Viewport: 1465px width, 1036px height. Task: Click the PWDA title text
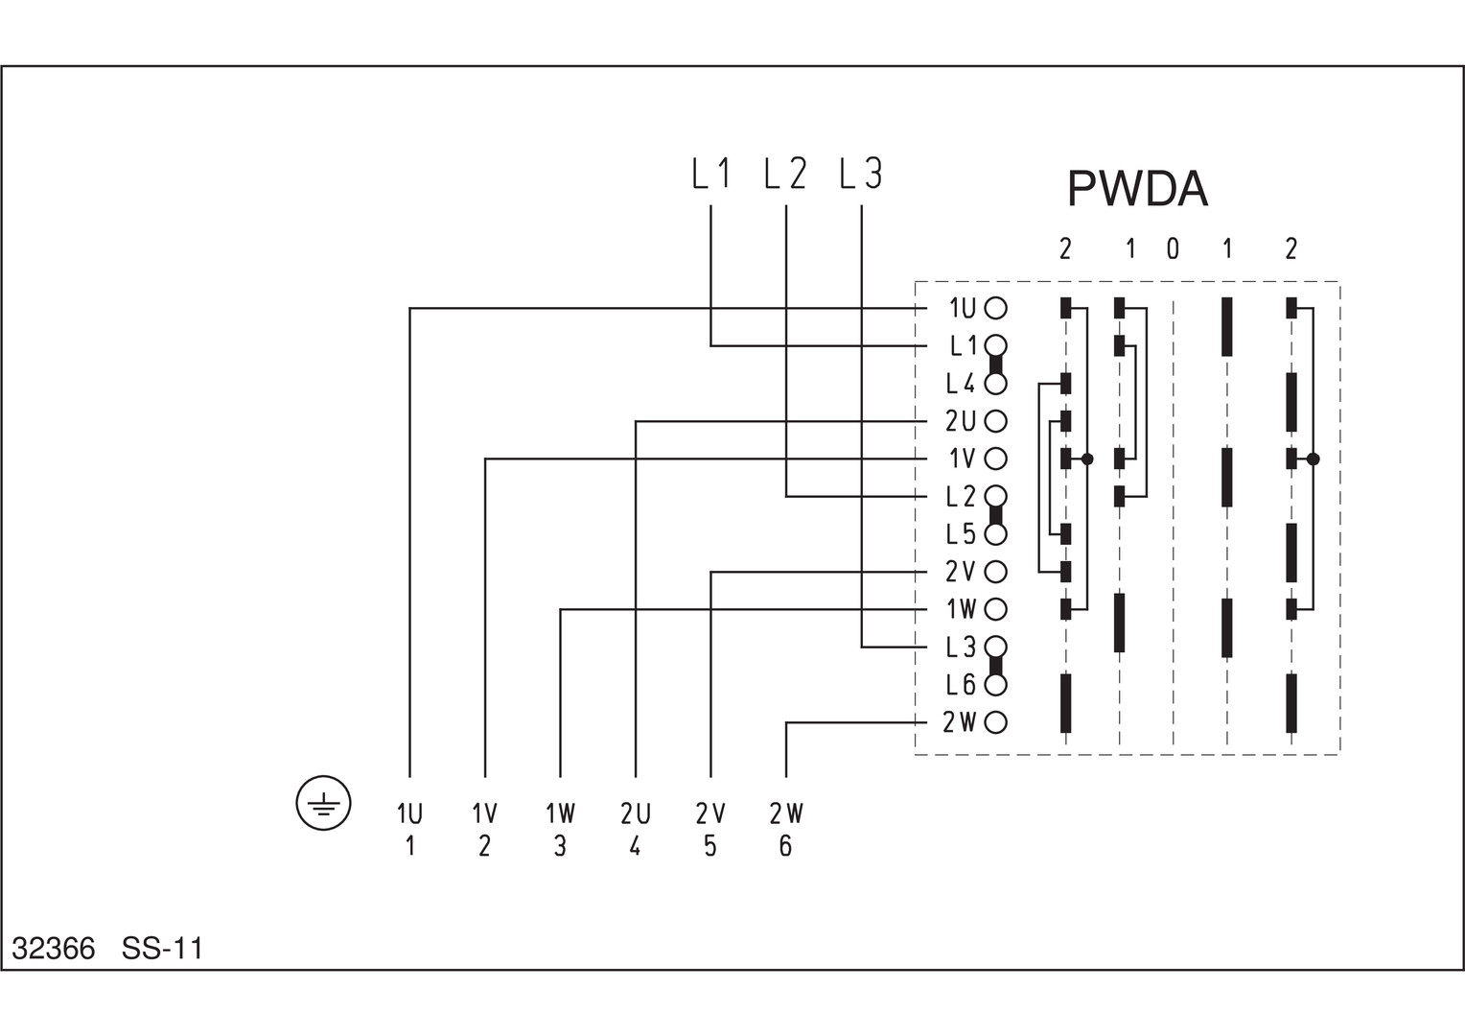click(x=1137, y=189)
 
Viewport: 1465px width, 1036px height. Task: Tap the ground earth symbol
click(x=324, y=803)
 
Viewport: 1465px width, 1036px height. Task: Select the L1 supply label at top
click(x=711, y=174)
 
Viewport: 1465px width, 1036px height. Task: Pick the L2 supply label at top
click(x=785, y=174)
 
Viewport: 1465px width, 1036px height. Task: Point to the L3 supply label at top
click(x=860, y=174)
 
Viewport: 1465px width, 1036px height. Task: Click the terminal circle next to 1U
click(x=996, y=308)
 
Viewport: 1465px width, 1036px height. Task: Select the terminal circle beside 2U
click(x=996, y=421)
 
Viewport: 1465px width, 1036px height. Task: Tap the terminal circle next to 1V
click(x=996, y=459)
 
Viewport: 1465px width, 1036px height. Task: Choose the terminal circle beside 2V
click(x=996, y=572)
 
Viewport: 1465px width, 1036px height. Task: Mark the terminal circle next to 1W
click(x=996, y=609)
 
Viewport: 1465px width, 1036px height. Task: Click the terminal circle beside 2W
click(x=996, y=722)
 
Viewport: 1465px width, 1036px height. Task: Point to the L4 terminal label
click(x=960, y=384)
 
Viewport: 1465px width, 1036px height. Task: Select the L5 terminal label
click(x=960, y=534)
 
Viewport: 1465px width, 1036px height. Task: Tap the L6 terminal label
click(x=960, y=685)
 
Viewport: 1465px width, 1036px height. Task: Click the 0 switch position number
click(x=1173, y=249)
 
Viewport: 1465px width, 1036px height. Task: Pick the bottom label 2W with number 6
click(x=786, y=830)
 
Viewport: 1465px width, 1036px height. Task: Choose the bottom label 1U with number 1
click(x=409, y=830)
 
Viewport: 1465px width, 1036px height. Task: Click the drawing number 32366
click(x=54, y=949)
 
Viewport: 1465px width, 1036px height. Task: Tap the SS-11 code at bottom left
click(x=162, y=949)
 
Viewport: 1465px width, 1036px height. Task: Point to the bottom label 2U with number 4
click(x=635, y=830)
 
